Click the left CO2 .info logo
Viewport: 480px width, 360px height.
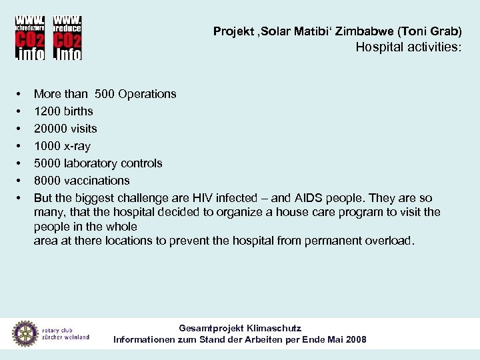pos(30,37)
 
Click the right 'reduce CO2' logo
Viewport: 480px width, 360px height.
pos(67,37)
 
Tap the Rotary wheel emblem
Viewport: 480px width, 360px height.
pos(25,333)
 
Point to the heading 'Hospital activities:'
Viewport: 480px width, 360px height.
pos(407,47)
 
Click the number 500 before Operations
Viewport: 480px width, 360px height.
pos(106,94)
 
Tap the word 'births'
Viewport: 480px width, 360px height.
pos(78,111)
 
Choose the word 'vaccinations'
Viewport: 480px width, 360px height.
pos(97,181)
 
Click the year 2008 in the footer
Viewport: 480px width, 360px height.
pos(354,339)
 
